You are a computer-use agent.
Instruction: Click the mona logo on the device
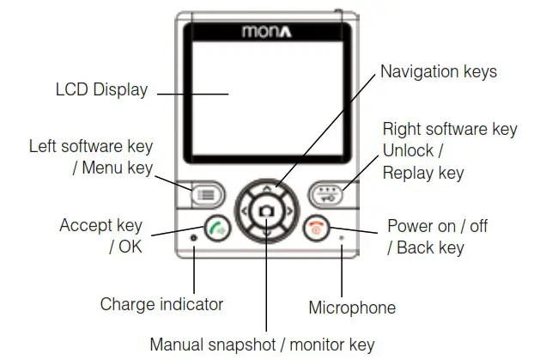pyautogui.click(x=267, y=35)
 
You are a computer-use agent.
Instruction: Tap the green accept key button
pyautogui.click(x=218, y=231)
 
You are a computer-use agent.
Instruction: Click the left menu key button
pyautogui.click(x=206, y=193)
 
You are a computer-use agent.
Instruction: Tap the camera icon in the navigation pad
pyautogui.click(x=268, y=210)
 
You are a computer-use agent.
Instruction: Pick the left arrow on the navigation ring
pyautogui.click(x=246, y=211)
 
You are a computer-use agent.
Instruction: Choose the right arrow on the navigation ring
pyautogui.click(x=289, y=211)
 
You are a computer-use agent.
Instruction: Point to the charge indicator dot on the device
pyautogui.click(x=194, y=238)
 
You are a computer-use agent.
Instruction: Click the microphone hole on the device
pyautogui.click(x=343, y=237)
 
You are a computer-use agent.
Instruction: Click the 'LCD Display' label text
pyautogui.click(x=101, y=89)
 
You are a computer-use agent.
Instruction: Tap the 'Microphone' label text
pyautogui.click(x=352, y=308)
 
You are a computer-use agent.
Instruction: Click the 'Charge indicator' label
pyautogui.click(x=161, y=304)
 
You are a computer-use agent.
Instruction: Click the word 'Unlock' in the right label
pyautogui.click(x=410, y=150)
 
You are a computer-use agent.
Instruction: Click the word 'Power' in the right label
pyautogui.click(x=410, y=227)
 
